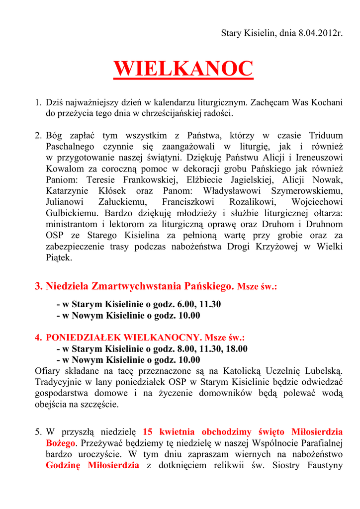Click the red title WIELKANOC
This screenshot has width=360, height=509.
click(183, 69)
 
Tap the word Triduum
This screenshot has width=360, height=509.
click(326, 135)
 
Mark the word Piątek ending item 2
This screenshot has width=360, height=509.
click(59, 257)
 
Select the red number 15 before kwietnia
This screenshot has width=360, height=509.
click(147, 431)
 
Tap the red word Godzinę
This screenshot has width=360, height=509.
click(63, 465)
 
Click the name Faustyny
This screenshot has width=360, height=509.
click(326, 465)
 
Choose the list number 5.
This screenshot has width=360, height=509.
click(38, 431)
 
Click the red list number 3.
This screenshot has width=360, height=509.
click(38, 286)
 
